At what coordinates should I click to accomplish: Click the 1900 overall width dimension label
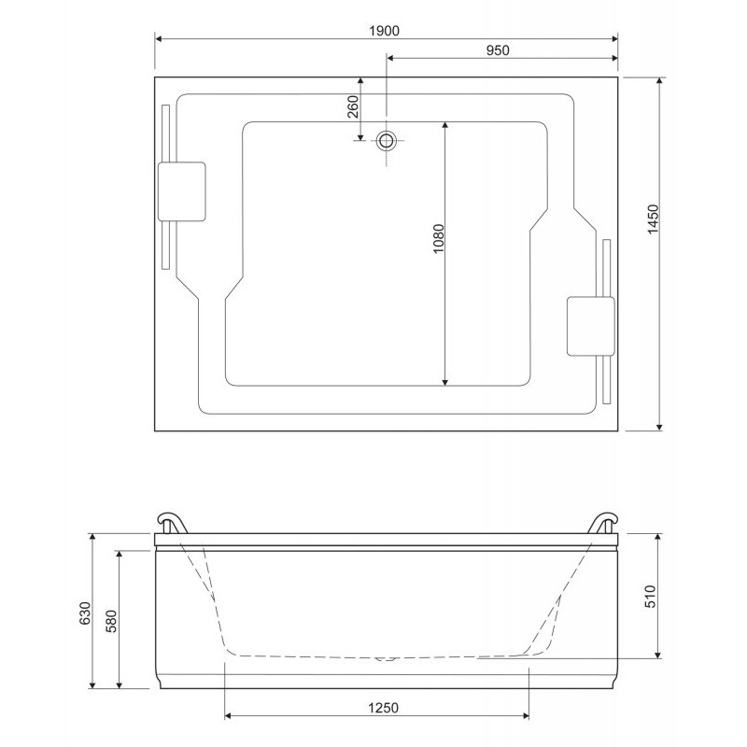(x=385, y=31)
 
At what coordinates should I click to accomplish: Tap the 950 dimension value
(x=498, y=50)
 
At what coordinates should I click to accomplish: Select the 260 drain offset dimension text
(x=353, y=106)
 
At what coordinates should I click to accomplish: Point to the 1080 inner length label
(x=438, y=238)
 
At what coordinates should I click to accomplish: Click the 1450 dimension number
(x=653, y=218)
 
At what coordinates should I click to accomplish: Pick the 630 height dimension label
(x=84, y=613)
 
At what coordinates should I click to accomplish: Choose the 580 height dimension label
(x=111, y=621)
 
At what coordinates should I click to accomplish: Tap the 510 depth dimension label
(x=650, y=596)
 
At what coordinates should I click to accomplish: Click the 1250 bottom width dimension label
(x=383, y=708)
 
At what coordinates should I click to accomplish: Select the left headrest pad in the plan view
(x=182, y=191)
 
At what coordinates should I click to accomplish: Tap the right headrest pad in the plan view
(x=590, y=326)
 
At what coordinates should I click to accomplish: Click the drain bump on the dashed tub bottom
(x=386, y=659)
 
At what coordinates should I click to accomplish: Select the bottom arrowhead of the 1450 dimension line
(x=659, y=426)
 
